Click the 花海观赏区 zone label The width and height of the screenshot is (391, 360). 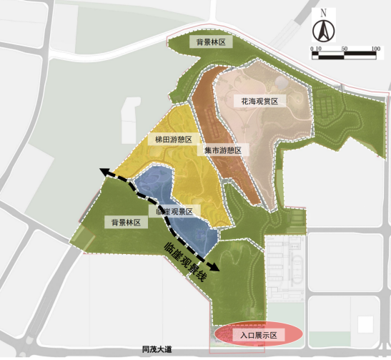(x=259, y=102)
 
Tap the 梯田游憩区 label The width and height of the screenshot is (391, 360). (x=173, y=140)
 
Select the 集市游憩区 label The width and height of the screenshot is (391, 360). (x=222, y=150)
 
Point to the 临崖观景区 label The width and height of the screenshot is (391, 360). (x=174, y=211)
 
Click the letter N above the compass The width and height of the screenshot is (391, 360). (x=323, y=13)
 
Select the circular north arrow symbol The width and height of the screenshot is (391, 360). (x=323, y=31)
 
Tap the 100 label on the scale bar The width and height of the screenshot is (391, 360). (x=375, y=48)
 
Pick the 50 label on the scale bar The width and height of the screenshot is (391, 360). (x=345, y=48)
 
